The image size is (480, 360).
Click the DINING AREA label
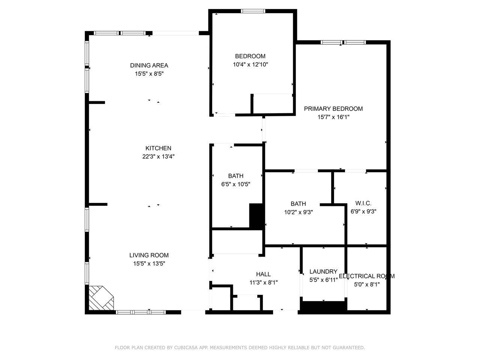[x=149, y=65]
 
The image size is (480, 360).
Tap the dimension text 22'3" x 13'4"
[x=158, y=157]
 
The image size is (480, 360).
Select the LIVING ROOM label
[x=149, y=255]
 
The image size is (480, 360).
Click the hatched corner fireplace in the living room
[x=100, y=298]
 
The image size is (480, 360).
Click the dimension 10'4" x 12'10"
[x=250, y=64]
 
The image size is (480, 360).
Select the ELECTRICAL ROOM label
[x=366, y=276]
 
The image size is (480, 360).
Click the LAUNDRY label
[x=323, y=271]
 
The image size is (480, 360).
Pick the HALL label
[x=263, y=274]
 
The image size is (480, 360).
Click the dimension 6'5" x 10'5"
[x=235, y=184]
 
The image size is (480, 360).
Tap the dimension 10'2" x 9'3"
[x=298, y=212]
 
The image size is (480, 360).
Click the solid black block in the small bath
[x=256, y=216]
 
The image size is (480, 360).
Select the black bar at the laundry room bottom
[x=323, y=306]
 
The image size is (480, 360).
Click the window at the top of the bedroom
[x=253, y=11]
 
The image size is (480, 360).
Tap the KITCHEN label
[x=158, y=148]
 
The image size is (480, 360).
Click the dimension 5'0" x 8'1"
[x=366, y=285]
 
